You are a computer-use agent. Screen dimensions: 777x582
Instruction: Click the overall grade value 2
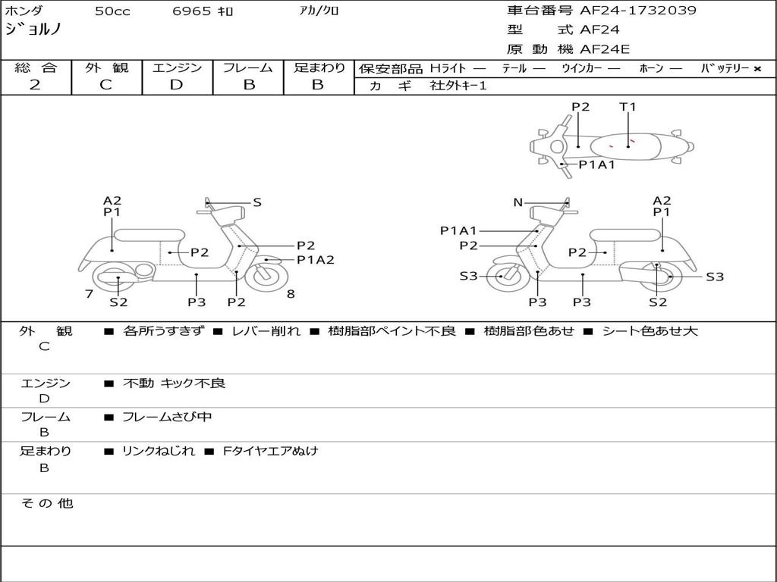click(35, 85)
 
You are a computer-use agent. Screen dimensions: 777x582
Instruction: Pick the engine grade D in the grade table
click(176, 85)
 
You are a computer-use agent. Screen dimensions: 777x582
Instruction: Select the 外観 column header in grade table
click(106, 68)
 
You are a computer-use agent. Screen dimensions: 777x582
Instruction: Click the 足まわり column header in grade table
click(319, 68)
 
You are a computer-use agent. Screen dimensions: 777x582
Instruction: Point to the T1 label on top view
click(628, 107)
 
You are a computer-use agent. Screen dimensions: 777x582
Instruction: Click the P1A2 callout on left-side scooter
click(315, 259)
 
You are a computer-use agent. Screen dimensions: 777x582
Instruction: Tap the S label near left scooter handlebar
click(257, 202)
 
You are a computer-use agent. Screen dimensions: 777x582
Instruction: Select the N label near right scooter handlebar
click(518, 202)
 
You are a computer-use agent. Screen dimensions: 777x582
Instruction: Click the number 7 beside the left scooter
click(89, 293)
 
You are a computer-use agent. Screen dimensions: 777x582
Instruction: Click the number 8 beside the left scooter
click(291, 293)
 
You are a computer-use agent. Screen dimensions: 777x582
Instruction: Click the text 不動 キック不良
click(174, 383)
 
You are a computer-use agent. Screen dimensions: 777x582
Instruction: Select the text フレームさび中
click(167, 417)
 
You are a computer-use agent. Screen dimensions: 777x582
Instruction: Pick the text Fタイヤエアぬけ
click(270, 451)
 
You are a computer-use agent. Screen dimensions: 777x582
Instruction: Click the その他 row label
click(46, 503)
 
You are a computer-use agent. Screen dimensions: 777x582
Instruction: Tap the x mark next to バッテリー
click(757, 69)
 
